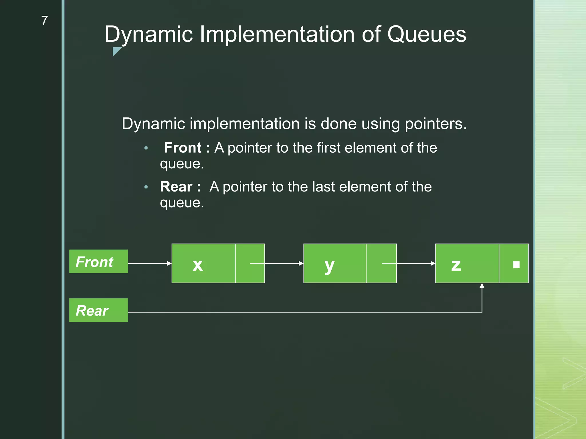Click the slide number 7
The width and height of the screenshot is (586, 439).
[44, 21]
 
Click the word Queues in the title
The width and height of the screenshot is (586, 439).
[427, 34]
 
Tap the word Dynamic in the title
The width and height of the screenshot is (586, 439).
[149, 34]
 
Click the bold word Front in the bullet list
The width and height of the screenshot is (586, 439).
[183, 148]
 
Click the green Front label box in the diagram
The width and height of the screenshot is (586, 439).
[98, 262]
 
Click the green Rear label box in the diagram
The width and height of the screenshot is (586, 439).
[98, 310]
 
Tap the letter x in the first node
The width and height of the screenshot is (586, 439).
[198, 265]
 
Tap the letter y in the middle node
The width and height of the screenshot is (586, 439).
[329, 265]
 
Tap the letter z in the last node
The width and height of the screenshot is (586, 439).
[456, 265]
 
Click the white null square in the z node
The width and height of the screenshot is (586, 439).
[516, 264]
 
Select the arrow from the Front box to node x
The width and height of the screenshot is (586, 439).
[150, 263]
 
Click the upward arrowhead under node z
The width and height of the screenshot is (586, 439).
[482, 286]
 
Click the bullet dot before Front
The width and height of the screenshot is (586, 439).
[146, 148]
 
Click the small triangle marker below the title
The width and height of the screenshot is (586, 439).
[116, 51]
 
